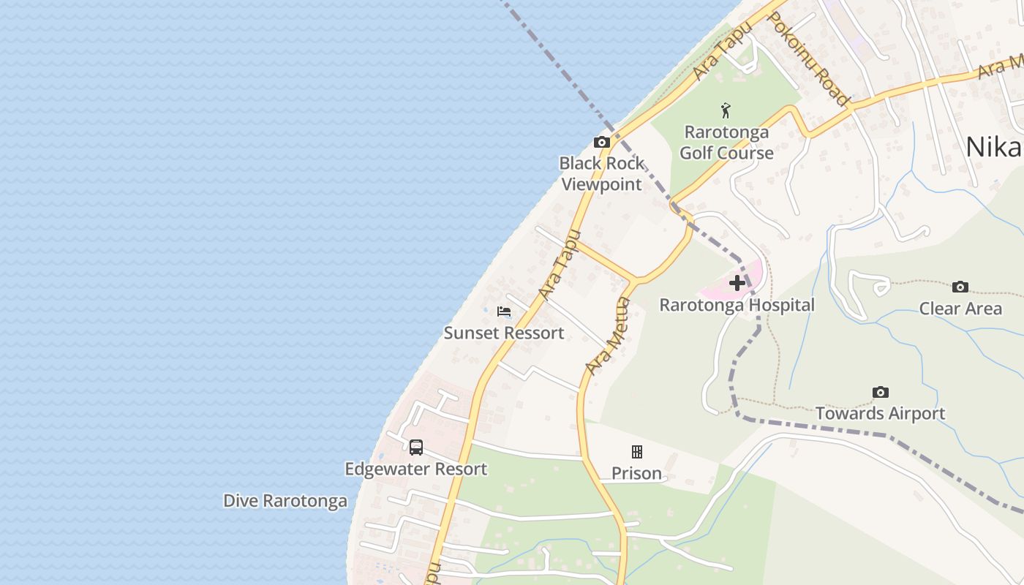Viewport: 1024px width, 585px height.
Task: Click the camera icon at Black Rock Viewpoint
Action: pos(602,142)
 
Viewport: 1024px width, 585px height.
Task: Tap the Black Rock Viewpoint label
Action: pos(601,174)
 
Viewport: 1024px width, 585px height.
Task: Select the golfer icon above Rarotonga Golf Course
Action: pos(726,111)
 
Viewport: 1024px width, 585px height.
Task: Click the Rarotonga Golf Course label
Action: pos(726,143)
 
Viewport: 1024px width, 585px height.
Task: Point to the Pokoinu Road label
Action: pos(809,59)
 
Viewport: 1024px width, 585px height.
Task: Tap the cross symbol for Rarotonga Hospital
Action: pos(737,283)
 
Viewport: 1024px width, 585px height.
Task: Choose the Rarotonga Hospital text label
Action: pos(737,305)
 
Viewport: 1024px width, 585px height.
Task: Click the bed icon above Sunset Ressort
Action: pos(503,312)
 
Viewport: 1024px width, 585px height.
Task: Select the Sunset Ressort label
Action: pos(504,333)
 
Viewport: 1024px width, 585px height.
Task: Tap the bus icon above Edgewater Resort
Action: pos(416,447)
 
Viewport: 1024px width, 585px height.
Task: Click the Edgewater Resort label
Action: pos(416,469)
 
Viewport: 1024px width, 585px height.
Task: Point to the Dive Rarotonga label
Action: pos(285,501)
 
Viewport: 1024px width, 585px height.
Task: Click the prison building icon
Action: pos(637,452)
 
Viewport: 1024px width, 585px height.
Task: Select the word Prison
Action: pos(636,474)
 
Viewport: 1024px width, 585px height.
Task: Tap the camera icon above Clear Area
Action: pos(960,287)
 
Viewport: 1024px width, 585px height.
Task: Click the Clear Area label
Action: pos(960,309)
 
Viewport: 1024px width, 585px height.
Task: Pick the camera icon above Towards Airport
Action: pos(881,393)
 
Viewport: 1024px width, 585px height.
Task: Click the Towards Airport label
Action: pos(881,414)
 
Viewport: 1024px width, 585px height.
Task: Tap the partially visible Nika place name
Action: pos(993,147)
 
